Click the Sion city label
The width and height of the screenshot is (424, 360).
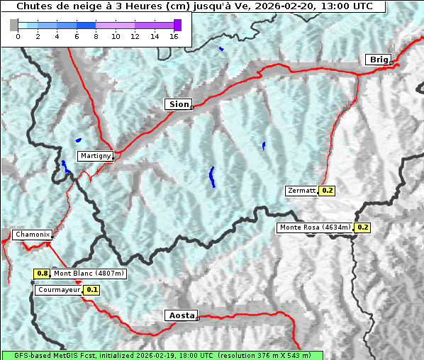pyautogui.click(x=179, y=104)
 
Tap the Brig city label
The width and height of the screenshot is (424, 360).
pyautogui.click(x=378, y=60)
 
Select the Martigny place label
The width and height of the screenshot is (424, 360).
pyautogui.click(x=95, y=155)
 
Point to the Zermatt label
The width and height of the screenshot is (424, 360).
pyautogui.click(x=302, y=191)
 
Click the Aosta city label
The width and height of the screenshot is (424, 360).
pyautogui.click(x=180, y=315)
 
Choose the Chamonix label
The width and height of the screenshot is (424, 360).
pyautogui.click(x=32, y=235)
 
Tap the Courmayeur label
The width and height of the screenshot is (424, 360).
pyautogui.click(x=58, y=290)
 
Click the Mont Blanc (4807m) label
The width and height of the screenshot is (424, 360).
pyautogui.click(x=89, y=274)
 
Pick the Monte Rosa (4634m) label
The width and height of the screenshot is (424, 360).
pyautogui.click(x=315, y=227)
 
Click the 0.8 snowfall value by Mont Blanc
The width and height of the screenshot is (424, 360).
pyautogui.click(x=42, y=274)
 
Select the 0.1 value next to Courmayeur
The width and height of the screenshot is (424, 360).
pyautogui.click(x=92, y=290)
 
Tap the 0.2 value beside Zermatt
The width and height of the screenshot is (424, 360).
pyautogui.click(x=327, y=191)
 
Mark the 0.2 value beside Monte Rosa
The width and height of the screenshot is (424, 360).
pyautogui.click(x=362, y=227)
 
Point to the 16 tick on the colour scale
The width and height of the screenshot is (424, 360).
pyautogui.click(x=174, y=36)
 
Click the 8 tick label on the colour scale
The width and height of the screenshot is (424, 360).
pyautogui.click(x=96, y=36)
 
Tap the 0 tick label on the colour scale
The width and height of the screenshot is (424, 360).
pyautogui.click(x=18, y=36)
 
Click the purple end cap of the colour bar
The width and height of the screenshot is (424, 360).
pyautogui.click(x=177, y=25)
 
